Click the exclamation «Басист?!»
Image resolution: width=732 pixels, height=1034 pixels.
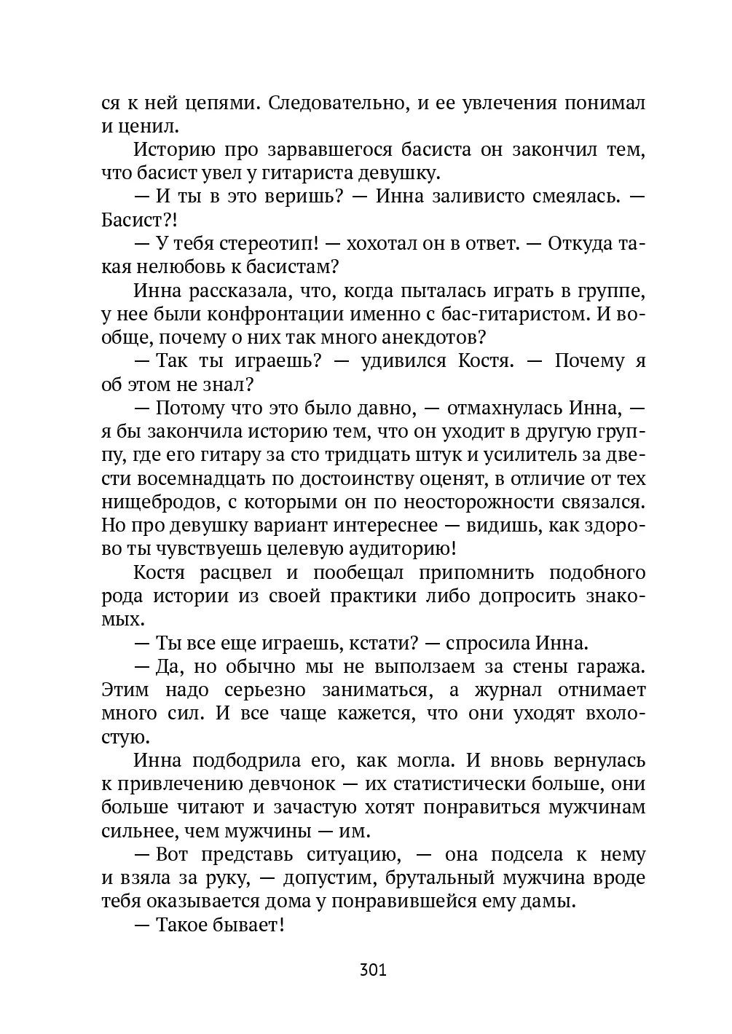(139, 220)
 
